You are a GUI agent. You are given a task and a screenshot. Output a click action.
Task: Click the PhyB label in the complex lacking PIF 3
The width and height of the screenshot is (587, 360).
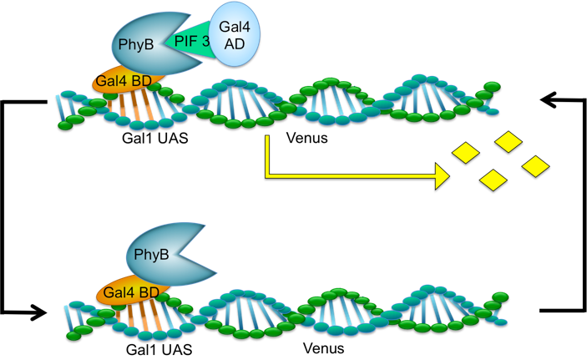click(151, 254)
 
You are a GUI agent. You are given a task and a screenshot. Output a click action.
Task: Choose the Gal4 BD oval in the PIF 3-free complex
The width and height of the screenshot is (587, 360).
click(131, 292)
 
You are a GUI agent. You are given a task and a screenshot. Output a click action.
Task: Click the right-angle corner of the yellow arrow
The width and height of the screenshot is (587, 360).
click(267, 175)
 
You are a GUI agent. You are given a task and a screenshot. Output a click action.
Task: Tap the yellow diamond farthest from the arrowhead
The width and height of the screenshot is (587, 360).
click(535, 166)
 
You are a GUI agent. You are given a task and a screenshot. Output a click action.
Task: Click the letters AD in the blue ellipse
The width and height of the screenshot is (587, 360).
click(235, 43)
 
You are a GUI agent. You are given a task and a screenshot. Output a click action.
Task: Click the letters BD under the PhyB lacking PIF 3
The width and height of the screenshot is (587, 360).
click(149, 292)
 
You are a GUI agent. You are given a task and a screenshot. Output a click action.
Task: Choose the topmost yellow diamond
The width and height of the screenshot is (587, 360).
click(509, 141)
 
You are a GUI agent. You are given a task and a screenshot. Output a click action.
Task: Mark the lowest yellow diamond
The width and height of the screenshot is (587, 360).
click(493, 180)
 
